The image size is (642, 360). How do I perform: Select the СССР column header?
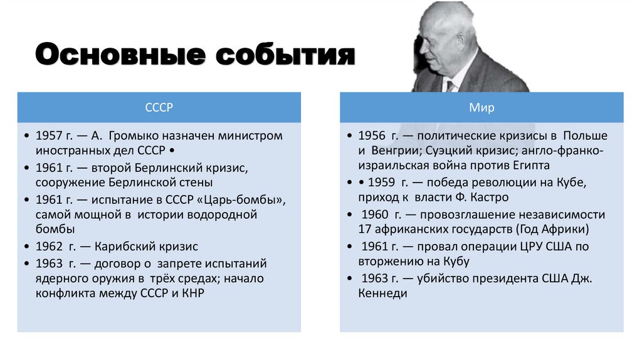coord(159,107)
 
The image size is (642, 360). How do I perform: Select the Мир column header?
coord(481,107)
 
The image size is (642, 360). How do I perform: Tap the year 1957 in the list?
coord(49,136)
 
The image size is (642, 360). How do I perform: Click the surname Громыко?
coord(136,136)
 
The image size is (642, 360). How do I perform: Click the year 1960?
coord(376,214)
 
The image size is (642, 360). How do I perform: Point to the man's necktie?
coord(450,85)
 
